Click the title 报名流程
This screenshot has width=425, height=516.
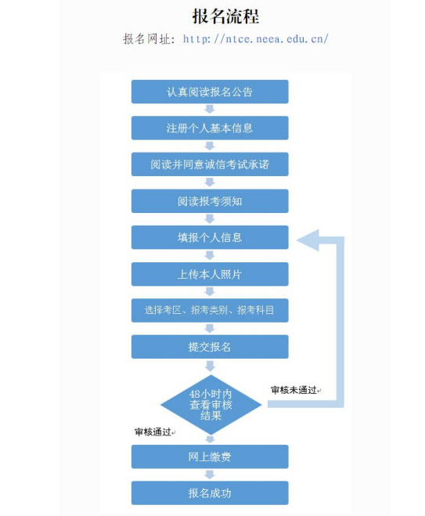[226, 16]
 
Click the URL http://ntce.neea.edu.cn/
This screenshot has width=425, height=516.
[256, 39]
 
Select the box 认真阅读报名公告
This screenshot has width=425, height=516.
[210, 92]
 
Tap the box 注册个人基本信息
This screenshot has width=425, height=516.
[210, 128]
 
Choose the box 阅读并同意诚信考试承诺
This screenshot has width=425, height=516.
[210, 164]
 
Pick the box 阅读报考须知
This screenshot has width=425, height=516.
[210, 200]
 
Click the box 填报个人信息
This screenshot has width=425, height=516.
[210, 237]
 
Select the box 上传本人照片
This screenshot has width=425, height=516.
[210, 274]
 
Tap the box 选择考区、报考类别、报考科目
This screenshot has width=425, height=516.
[210, 310]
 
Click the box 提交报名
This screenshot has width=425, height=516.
[210, 347]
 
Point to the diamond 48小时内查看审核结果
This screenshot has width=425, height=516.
[211, 405]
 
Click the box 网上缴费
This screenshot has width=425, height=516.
[210, 456]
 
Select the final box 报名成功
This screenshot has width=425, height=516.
[210, 493]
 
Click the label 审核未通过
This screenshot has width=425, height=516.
[294, 390]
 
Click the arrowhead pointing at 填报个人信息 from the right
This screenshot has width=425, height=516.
[308, 240]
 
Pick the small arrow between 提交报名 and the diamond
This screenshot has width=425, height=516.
[210, 366]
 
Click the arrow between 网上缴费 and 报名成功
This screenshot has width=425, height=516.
[210, 475]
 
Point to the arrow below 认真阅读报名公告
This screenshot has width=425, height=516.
[210, 110]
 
